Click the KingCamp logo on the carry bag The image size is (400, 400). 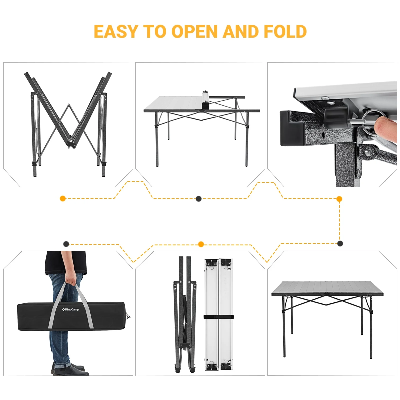[70, 309]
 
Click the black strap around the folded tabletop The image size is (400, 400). [218, 317]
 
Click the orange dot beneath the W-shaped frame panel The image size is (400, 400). [63, 198]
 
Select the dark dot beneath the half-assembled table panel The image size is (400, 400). [198, 199]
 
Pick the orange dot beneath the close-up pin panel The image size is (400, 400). [339, 199]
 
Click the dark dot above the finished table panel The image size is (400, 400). [340, 243]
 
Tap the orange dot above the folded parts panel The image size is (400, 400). [201, 244]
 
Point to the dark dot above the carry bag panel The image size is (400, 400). [66, 244]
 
